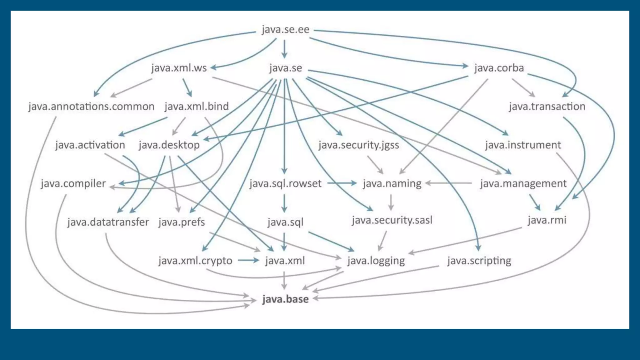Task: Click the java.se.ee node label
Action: click(x=285, y=29)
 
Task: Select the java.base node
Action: click(x=285, y=299)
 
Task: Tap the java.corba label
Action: click(x=499, y=68)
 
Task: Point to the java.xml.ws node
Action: click(x=179, y=68)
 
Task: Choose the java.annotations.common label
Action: click(x=91, y=107)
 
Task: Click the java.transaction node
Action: click(x=547, y=107)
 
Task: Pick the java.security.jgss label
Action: click(x=359, y=145)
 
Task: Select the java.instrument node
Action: click(x=523, y=145)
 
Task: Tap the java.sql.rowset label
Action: click(x=285, y=183)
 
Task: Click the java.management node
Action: click(x=523, y=183)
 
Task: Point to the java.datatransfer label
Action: click(x=108, y=222)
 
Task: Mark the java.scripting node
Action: click(x=479, y=261)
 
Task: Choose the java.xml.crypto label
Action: click(x=195, y=261)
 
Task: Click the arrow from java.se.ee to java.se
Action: click(x=284, y=49)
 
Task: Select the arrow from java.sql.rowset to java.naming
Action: click(x=342, y=183)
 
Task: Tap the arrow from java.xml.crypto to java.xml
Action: click(x=248, y=260)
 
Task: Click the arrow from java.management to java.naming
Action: click(x=449, y=183)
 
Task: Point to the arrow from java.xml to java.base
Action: click(x=284, y=280)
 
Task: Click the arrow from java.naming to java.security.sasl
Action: click(x=391, y=202)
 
